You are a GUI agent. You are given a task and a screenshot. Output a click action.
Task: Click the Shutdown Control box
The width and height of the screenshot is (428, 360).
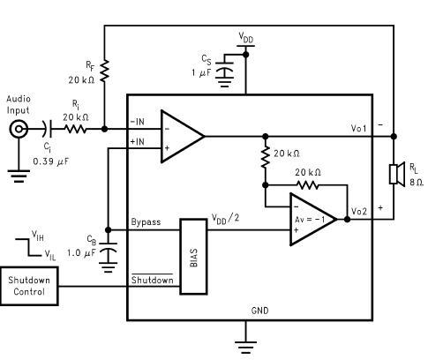click(29, 286)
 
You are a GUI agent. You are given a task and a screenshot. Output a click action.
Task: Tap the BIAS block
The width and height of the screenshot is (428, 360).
click(193, 257)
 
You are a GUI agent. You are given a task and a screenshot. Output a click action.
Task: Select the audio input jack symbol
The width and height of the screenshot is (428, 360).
click(19, 129)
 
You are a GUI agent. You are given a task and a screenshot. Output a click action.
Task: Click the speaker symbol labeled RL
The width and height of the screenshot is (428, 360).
click(397, 174)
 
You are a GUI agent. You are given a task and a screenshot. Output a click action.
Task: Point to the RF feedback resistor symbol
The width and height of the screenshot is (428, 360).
click(104, 71)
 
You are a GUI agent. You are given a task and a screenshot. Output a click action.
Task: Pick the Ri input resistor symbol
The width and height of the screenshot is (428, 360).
click(75, 129)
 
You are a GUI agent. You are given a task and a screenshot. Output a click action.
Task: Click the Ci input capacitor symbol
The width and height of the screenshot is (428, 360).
click(48, 129)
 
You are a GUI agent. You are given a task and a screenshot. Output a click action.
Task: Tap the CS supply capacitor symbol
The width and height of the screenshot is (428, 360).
click(224, 71)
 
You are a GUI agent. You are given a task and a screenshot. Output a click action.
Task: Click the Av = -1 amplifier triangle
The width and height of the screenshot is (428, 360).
click(313, 219)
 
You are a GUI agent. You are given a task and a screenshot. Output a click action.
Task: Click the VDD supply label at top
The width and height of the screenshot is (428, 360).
click(246, 38)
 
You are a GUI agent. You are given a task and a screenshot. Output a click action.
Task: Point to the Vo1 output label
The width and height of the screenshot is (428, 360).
click(358, 128)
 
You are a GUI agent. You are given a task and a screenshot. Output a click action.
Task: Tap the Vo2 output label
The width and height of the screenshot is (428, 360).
click(359, 211)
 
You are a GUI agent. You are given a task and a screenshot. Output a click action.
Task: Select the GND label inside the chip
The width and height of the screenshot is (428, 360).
click(260, 311)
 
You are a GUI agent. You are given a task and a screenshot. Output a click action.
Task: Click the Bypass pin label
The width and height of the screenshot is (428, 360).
click(146, 222)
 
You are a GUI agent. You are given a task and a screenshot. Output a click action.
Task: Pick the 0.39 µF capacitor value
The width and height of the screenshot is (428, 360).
click(50, 161)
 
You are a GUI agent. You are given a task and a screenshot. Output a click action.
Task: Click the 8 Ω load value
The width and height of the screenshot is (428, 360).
click(417, 183)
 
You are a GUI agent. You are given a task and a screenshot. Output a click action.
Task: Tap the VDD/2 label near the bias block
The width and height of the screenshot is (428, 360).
click(226, 218)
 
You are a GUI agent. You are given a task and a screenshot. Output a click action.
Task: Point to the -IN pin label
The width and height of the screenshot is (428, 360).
click(137, 122)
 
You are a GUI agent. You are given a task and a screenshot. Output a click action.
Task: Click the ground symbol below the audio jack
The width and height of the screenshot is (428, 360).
click(19, 176)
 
